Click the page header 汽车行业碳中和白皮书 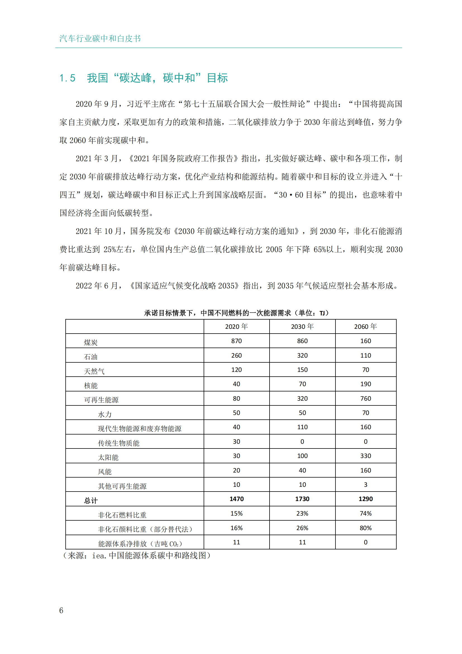(x=100, y=39)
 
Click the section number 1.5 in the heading (x=67, y=78)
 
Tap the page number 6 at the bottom (x=61, y=610)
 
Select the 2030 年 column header (x=302, y=326)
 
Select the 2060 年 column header (x=365, y=326)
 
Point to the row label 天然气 (x=94, y=371)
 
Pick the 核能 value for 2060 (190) (x=366, y=384)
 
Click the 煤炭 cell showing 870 (x=236, y=341)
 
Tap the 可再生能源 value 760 (x=366, y=398)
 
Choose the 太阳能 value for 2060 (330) (x=366, y=456)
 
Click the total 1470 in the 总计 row (x=236, y=499)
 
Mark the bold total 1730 (x=302, y=499)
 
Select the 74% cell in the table (x=366, y=513)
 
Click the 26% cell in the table (x=302, y=528)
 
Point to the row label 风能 (x=105, y=472)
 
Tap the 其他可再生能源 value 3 (x=366, y=485)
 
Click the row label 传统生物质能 (x=119, y=443)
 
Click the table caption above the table (x=236, y=313)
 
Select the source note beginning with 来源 (x=137, y=555)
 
